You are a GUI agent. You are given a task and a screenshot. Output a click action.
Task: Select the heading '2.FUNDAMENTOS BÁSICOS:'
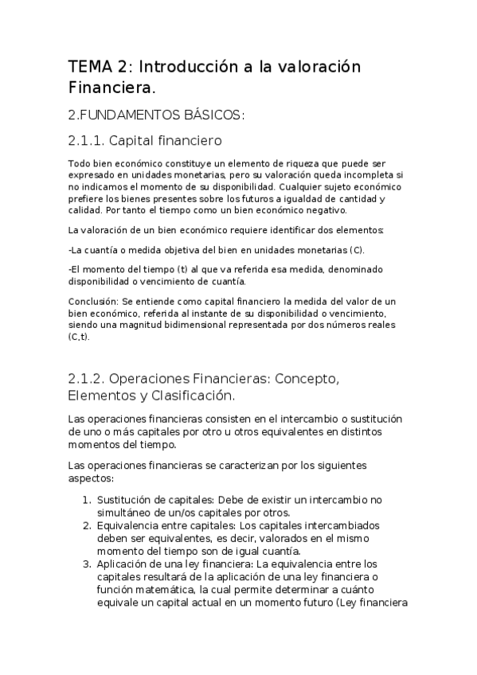coord(156,115)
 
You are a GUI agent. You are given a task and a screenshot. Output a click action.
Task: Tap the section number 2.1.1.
coord(95,142)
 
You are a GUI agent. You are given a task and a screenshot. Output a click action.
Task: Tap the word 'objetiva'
coord(177,250)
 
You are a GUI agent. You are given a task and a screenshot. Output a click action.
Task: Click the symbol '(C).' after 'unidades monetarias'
coord(354,250)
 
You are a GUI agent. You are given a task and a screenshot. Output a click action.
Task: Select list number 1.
coord(87,500)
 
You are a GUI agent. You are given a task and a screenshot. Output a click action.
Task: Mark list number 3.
coord(87,564)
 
